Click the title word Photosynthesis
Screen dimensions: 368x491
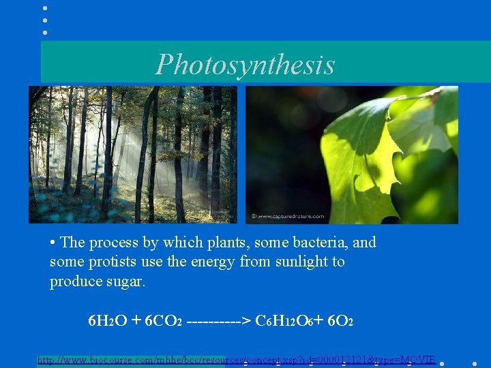245,65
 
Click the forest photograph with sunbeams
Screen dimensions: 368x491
132,155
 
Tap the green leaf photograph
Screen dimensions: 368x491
352,155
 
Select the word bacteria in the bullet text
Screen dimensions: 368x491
320,243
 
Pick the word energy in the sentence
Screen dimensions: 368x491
216,262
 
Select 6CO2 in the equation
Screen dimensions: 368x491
163,320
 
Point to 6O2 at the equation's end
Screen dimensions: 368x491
340,320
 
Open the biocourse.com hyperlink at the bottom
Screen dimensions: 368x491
236,359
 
